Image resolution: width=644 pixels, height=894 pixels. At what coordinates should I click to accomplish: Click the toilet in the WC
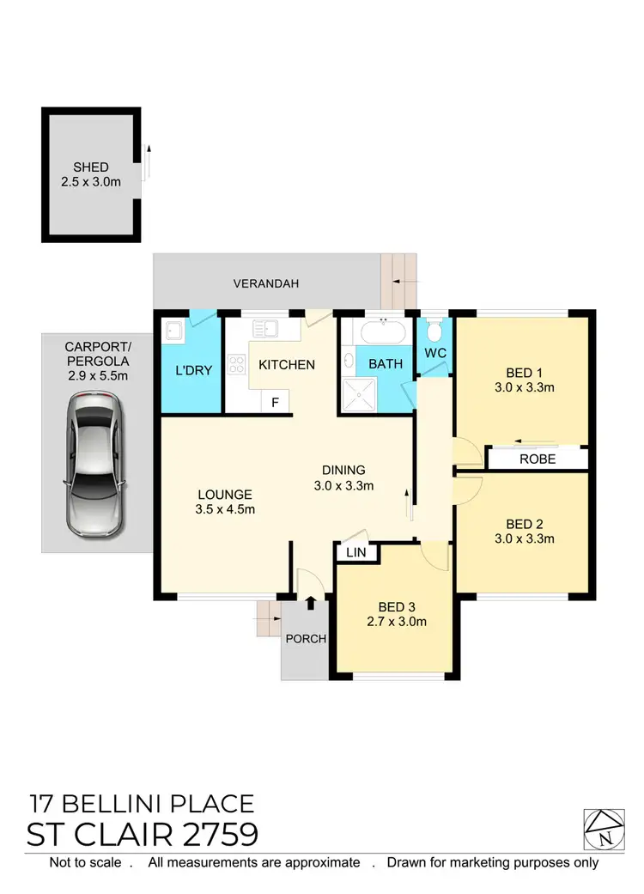(x=434, y=331)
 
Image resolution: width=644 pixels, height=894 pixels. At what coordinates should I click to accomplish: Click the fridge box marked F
(x=276, y=401)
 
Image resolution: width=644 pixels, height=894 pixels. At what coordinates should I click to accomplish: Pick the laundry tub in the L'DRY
(x=173, y=331)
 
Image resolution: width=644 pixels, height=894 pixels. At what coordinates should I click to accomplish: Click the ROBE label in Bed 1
(x=538, y=459)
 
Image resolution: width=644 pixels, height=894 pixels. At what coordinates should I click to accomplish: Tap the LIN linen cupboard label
(x=356, y=553)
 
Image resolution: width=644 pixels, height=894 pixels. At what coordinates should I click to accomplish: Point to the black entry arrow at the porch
(x=310, y=604)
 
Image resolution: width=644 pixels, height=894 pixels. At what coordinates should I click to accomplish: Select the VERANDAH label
(x=266, y=283)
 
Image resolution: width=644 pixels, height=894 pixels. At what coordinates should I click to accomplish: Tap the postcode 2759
(x=216, y=835)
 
